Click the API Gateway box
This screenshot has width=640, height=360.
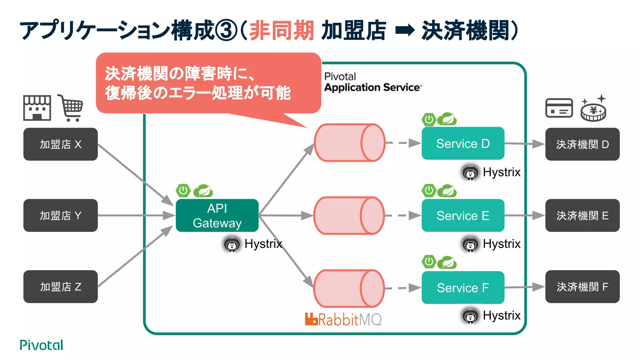tap(217, 215)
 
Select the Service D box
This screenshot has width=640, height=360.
tap(462, 143)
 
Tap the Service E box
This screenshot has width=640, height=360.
tap(462, 215)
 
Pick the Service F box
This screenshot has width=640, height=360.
tap(462, 287)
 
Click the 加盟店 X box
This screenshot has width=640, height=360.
tap(60, 144)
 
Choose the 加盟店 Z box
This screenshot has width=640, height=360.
tap(60, 287)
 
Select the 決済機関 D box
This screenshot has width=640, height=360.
tap(582, 144)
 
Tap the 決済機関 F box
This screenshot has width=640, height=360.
tap(582, 287)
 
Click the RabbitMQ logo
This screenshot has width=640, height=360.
tap(343, 319)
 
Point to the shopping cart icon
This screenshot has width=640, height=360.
tap(71, 108)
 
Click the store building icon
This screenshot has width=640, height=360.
tap(37, 108)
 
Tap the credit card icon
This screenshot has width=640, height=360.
tap(559, 108)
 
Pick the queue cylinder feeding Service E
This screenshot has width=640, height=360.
tap(348, 215)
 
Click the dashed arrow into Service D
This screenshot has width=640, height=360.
tap(403, 143)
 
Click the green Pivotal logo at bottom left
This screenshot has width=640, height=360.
tap(42, 345)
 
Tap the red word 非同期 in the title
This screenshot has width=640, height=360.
tap(281, 31)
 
